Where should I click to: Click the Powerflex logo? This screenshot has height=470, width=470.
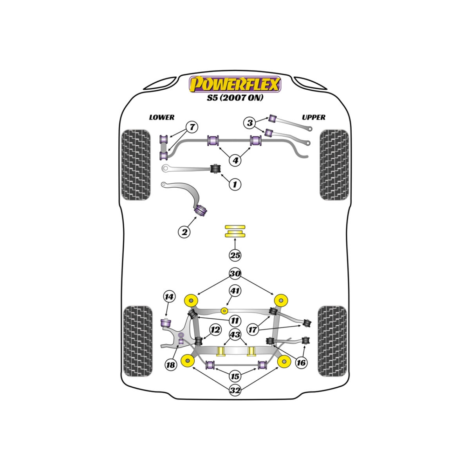point(235,84)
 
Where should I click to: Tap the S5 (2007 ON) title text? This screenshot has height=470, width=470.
point(235,98)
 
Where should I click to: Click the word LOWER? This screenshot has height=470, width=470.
point(162,117)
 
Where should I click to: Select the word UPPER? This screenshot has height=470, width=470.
point(314,117)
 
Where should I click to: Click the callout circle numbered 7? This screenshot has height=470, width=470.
point(192,127)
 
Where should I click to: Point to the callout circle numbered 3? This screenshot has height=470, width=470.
point(250,123)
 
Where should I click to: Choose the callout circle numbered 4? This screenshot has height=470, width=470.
point(235,160)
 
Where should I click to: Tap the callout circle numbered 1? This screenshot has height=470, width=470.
point(235,184)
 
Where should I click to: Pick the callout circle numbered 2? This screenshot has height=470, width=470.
point(184,231)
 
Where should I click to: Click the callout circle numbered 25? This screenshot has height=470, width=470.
point(235,255)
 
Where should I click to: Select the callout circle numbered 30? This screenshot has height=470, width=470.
point(235,273)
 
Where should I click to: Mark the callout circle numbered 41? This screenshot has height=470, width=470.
point(235,291)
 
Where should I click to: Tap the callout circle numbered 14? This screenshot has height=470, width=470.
point(169,296)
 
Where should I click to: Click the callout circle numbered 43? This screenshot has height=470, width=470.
point(235,334)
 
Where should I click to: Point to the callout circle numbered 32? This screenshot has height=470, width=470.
point(235,390)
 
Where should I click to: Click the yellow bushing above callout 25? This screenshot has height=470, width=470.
point(235,231)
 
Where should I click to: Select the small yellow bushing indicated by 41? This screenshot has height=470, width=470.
point(224,311)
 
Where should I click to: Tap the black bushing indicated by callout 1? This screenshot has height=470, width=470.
point(215,168)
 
